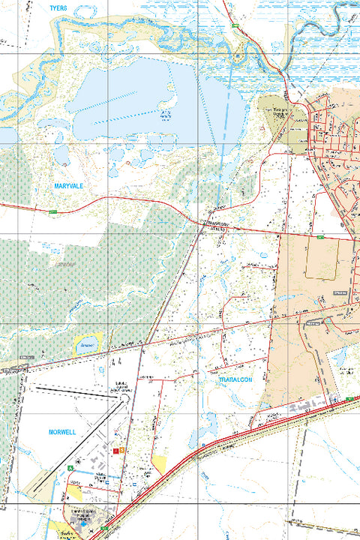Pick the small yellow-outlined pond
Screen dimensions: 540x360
coord(88,343)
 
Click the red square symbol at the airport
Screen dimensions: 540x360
coord(115,451)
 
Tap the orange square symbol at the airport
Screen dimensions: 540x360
coord(122,451)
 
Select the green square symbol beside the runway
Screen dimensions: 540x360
coord(70,469)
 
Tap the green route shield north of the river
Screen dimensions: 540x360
coord(235,26)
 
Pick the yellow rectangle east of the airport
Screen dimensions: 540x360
coord(159,465)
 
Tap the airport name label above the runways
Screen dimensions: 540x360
coord(122,388)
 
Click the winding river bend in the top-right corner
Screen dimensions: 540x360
coord(330,22)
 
